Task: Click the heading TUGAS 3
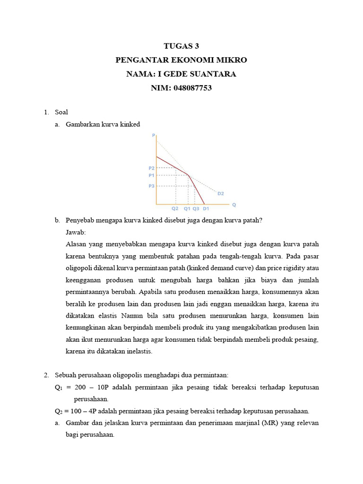pyautogui.click(x=181, y=46)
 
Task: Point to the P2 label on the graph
pyautogui.click(x=151, y=168)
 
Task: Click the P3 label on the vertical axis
pyautogui.click(x=151, y=186)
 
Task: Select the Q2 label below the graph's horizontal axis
pyautogui.click(x=175, y=208)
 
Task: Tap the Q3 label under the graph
pyautogui.click(x=196, y=208)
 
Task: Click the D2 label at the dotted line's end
pyautogui.click(x=220, y=193)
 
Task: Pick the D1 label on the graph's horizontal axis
pyautogui.click(x=206, y=208)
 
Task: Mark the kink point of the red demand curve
pyautogui.click(x=189, y=175)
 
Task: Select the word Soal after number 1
pyautogui.click(x=61, y=112)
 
